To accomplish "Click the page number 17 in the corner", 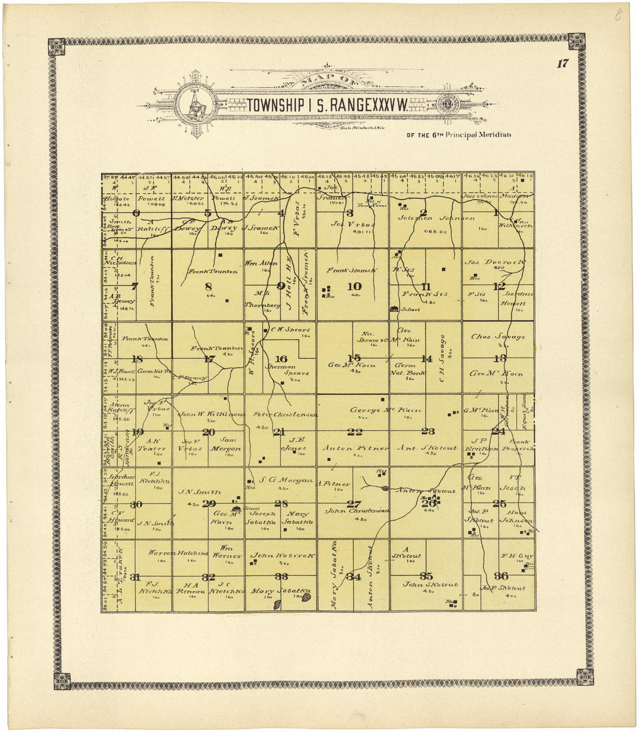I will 562,64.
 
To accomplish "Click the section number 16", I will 281,359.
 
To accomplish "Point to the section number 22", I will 354,431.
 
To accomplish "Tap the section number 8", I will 208,286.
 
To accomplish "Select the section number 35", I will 426,576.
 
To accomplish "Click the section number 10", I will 354,286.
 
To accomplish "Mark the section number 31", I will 136,577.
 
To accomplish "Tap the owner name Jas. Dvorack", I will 495,262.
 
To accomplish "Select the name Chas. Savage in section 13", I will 498,337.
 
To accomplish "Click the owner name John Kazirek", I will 282,555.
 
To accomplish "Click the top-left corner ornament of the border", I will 56,46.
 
